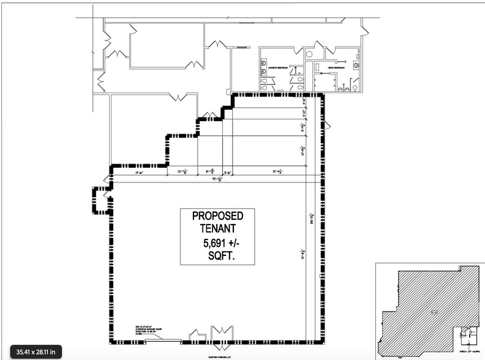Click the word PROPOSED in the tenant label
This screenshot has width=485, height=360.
tap(217, 216)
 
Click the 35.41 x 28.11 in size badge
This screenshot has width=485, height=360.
tap(36, 351)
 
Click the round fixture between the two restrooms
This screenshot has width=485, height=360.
tap(310, 54)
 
